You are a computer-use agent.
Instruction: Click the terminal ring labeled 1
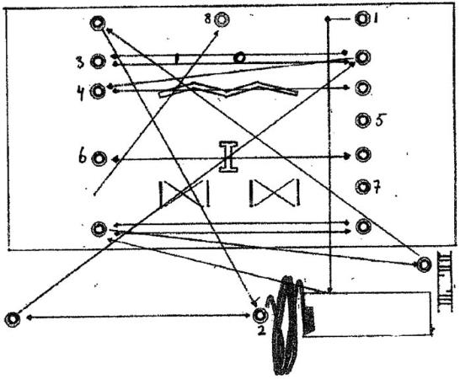point(362,19)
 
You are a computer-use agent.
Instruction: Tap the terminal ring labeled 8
point(222,19)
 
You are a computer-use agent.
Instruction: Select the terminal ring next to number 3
point(98,61)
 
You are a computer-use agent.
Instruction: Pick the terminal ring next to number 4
point(98,91)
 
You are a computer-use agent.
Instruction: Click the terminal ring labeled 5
point(362,120)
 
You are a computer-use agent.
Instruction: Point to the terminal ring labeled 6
point(99,158)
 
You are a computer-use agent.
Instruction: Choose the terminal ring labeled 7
point(363,187)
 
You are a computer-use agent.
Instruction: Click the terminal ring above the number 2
point(259,315)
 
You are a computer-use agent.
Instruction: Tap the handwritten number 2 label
point(260,330)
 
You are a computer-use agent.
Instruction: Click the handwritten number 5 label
point(380,120)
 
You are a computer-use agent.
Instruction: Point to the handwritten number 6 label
point(83,157)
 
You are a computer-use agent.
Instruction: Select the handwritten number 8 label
point(208,19)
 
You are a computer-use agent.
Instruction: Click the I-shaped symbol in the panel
point(228,157)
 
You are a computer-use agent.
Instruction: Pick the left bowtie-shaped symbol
point(185,194)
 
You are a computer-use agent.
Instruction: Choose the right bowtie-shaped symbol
point(275,194)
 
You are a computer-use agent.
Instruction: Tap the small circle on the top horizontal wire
point(239,58)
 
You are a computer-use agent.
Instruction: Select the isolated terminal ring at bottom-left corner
point(13,319)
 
